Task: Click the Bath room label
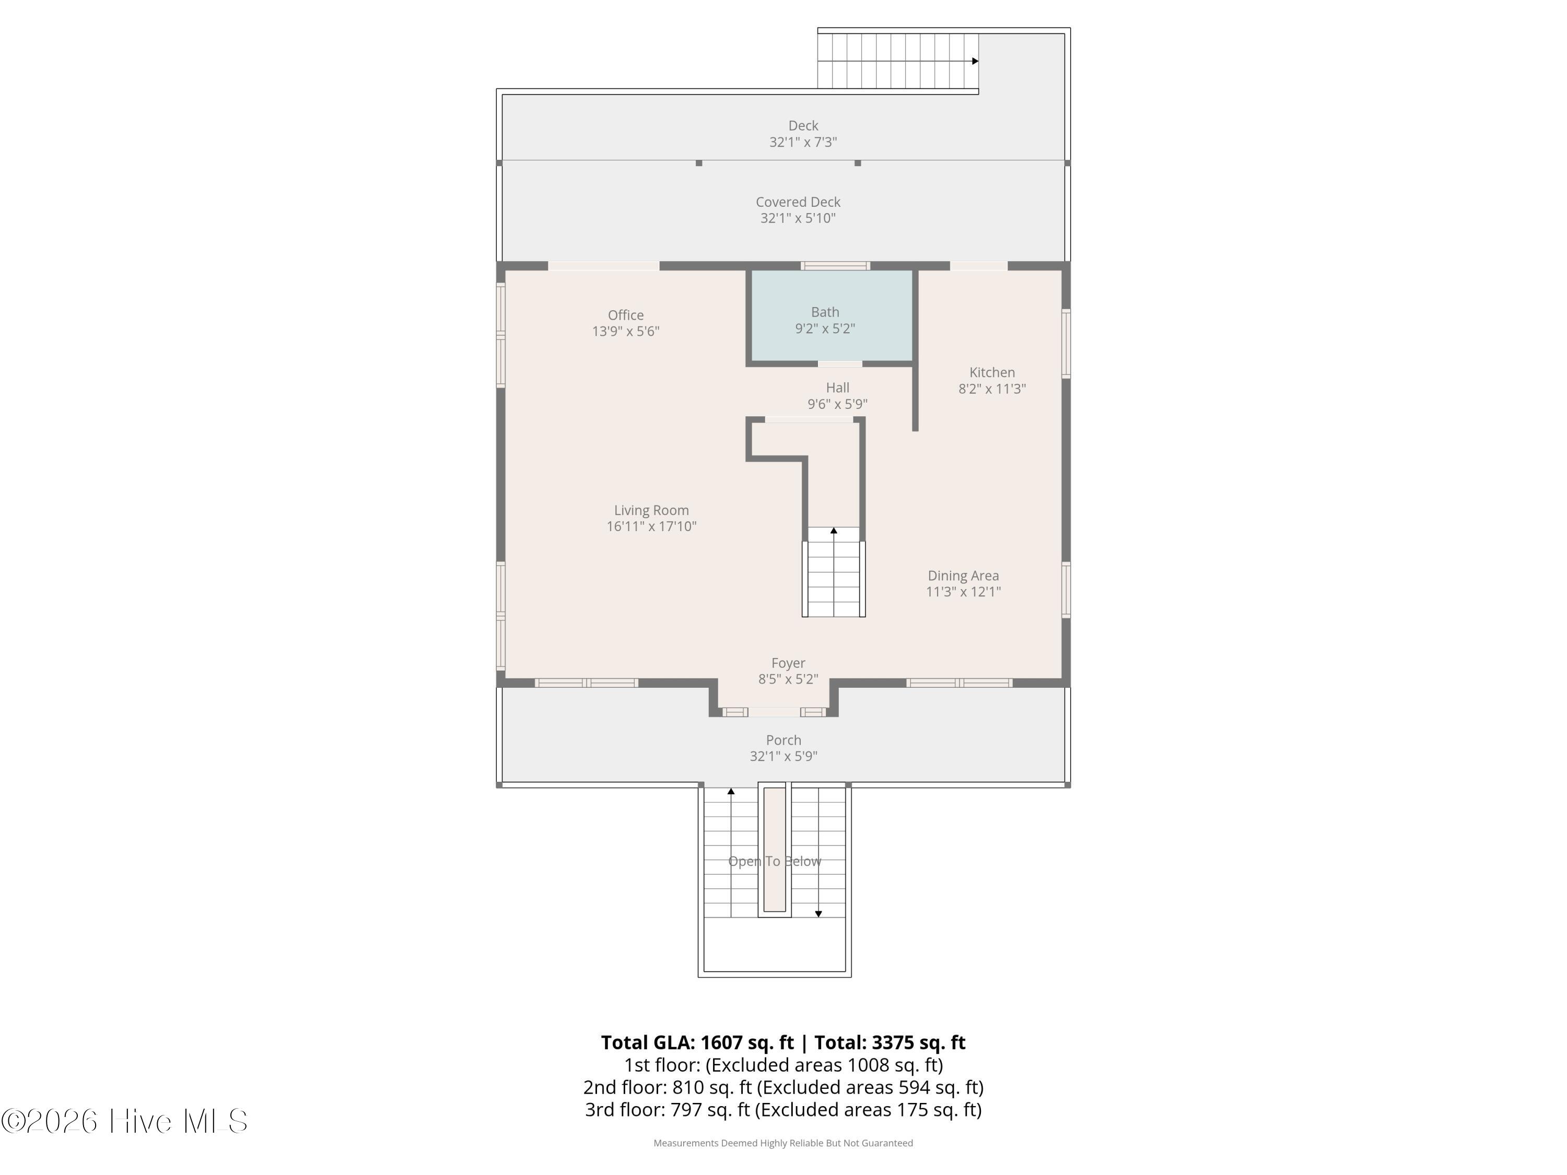click(x=825, y=312)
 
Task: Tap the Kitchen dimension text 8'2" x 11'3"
click(x=992, y=389)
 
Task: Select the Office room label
click(x=626, y=315)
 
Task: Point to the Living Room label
click(x=651, y=511)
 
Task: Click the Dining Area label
click(x=963, y=576)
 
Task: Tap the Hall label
click(x=837, y=388)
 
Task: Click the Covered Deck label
click(x=798, y=203)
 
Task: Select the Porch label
click(x=783, y=740)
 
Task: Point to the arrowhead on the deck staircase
click(x=976, y=61)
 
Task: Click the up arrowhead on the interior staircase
click(x=834, y=531)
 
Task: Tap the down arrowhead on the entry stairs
click(x=818, y=914)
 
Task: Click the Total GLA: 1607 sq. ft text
click(x=697, y=1042)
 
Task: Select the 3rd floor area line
click(x=783, y=1110)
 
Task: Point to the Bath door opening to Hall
click(x=840, y=364)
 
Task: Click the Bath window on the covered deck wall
click(x=835, y=266)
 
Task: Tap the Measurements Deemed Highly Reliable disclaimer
click(x=783, y=1143)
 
